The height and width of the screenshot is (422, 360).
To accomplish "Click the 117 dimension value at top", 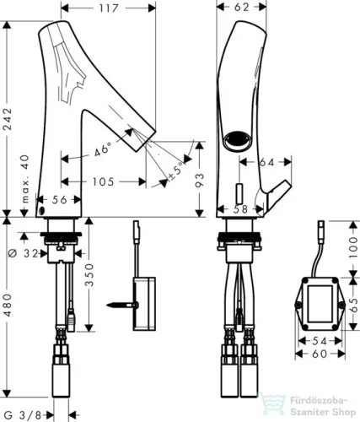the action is [109, 8].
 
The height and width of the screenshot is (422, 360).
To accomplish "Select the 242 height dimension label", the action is [7, 119].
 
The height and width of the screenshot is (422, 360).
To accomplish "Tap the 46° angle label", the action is [102, 149].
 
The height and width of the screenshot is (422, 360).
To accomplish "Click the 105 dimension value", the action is [104, 181].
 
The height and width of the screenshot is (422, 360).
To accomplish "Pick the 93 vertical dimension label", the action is [199, 180].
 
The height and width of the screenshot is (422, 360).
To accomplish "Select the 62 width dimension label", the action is [241, 7].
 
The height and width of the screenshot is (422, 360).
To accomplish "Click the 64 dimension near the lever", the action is [266, 162].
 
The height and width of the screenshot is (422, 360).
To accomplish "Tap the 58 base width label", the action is [241, 208].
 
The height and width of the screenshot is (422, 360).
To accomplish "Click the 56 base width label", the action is [60, 199].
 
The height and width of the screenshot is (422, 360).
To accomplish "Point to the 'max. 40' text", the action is [25, 179].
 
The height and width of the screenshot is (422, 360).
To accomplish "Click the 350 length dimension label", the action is [89, 274].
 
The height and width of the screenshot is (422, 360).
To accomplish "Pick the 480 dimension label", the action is [7, 306].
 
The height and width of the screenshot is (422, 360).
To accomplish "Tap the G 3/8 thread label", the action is [24, 414].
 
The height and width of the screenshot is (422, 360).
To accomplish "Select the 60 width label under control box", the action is [320, 354].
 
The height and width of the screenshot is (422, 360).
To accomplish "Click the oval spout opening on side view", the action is [237, 139].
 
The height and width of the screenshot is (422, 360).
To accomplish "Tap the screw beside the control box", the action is [122, 305].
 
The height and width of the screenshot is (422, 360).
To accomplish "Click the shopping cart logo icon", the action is [271, 404].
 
